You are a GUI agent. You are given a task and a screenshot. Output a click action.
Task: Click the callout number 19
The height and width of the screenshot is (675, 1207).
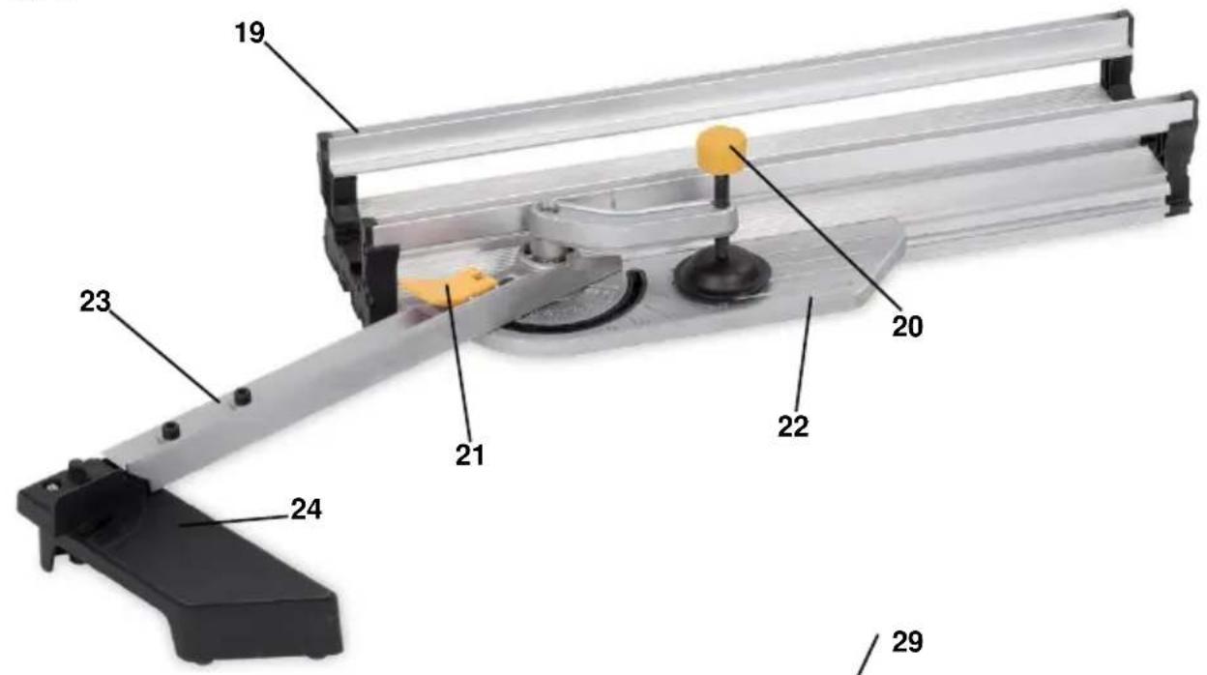pos(250,34)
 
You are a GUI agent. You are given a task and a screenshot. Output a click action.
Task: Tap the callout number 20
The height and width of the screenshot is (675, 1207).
pos(907,327)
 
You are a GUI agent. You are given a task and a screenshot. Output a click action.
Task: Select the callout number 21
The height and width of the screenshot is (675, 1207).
pos(470,455)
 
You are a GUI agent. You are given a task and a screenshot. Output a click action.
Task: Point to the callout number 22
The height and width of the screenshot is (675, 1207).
pos(793,427)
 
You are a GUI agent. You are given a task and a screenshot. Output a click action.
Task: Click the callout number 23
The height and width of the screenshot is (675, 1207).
pos(96,302)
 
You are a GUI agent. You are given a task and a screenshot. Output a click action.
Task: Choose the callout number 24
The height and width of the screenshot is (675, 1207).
pos(306,510)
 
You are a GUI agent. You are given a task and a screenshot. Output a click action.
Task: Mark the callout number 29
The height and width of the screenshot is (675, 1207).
pos(907,641)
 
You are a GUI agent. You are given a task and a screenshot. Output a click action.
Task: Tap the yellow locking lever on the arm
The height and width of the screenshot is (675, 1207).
pos(450,287)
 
